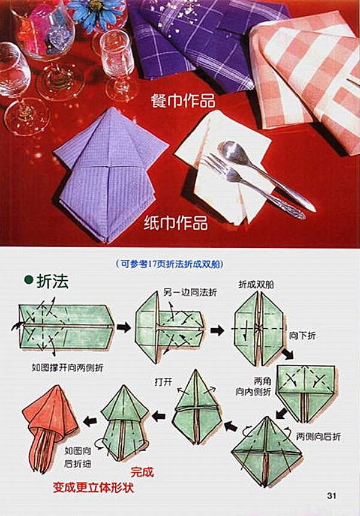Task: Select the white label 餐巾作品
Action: pos(182,100)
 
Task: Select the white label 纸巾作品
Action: pos(176,224)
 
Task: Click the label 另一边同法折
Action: pos(190,292)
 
